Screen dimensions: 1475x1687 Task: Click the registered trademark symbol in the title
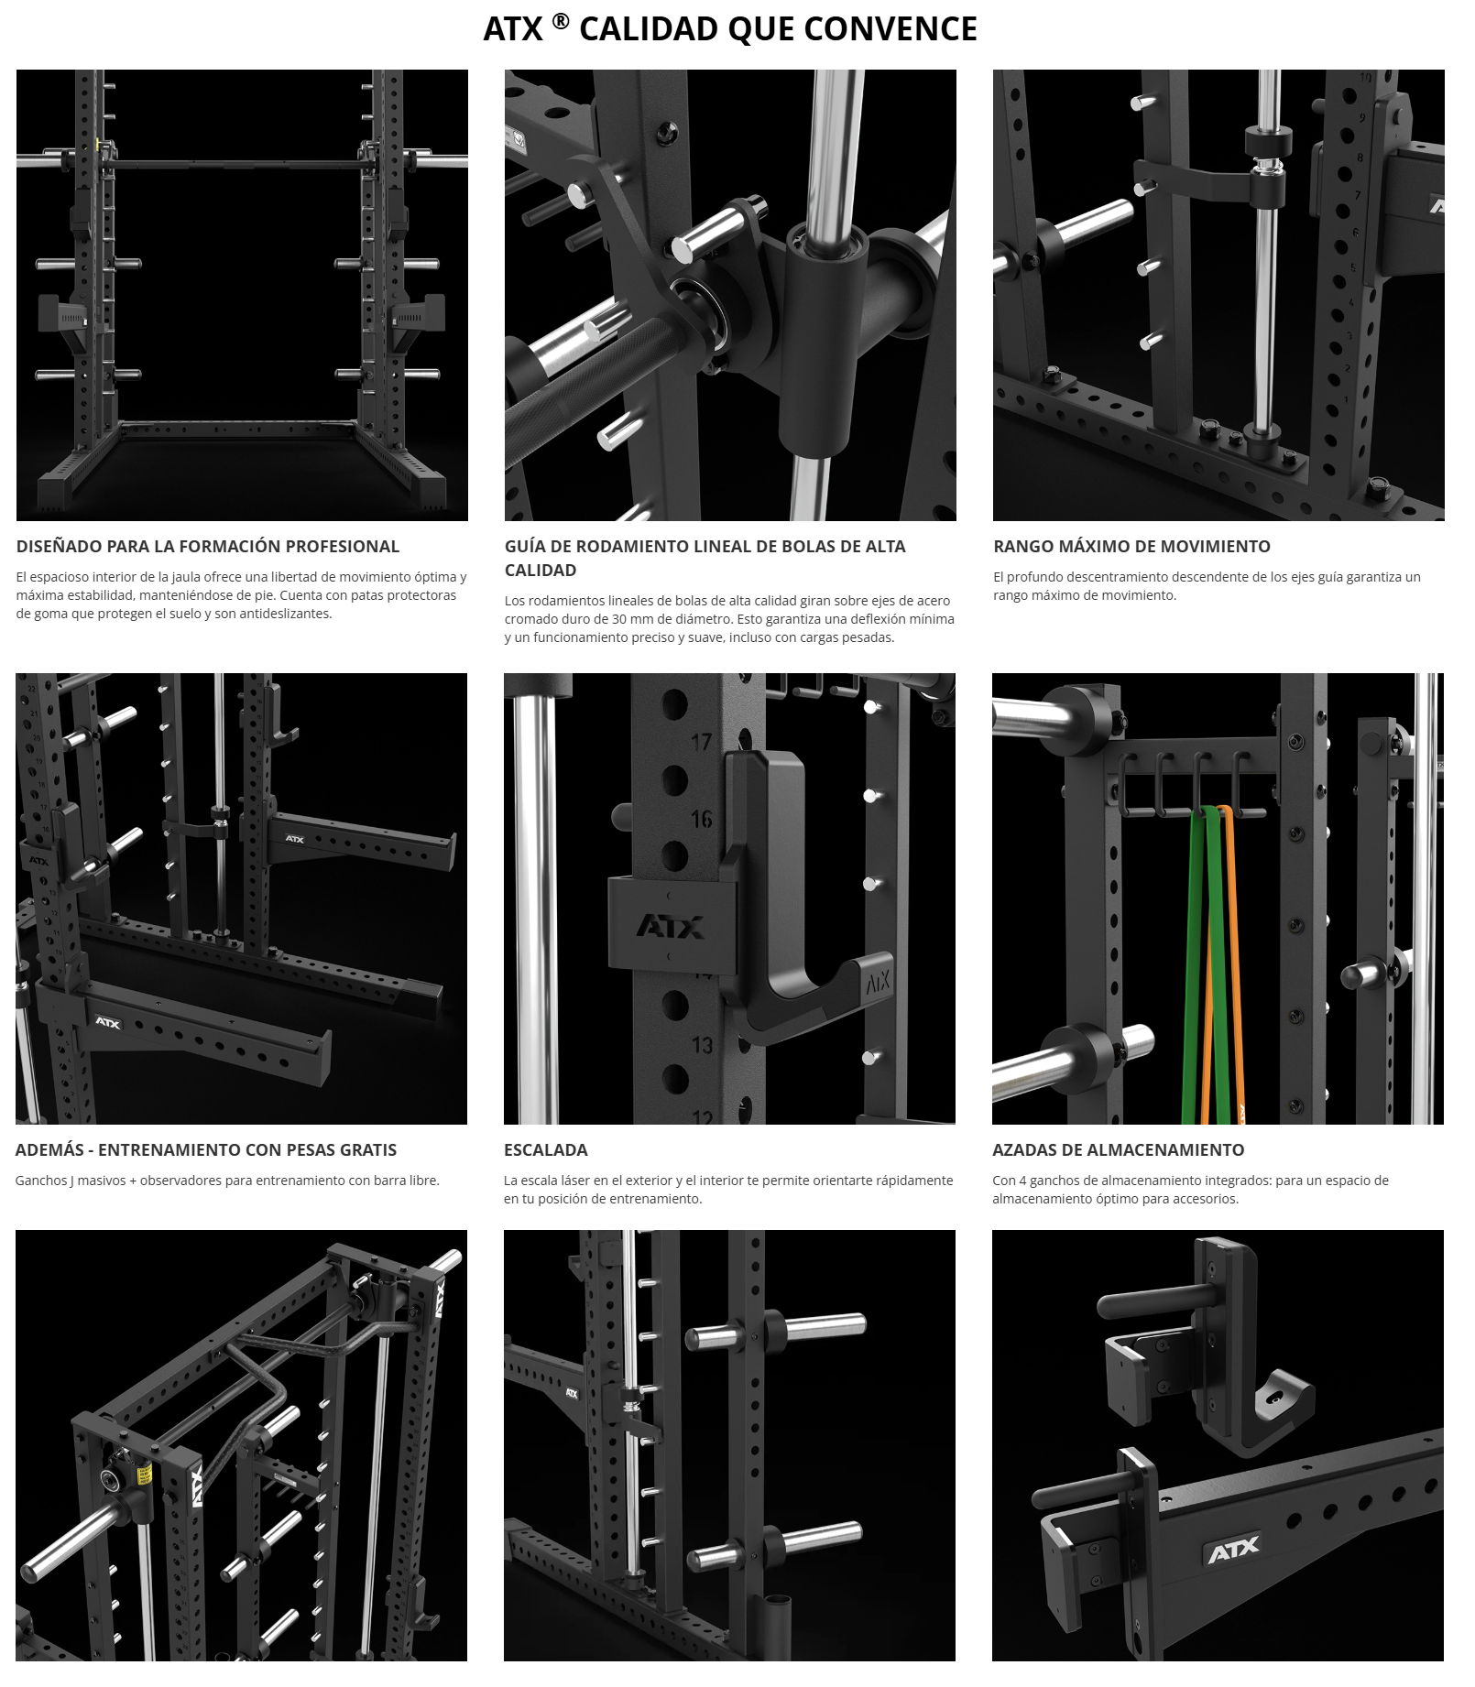point(560,21)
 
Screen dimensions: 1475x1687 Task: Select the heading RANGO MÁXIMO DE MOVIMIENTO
point(1131,547)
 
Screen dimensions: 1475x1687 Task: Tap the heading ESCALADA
point(546,1150)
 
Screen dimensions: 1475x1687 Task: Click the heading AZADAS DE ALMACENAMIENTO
point(1118,1150)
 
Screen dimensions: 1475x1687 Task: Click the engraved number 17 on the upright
point(701,742)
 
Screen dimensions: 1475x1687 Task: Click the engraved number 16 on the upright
point(701,819)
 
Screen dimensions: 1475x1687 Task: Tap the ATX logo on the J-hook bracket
point(671,927)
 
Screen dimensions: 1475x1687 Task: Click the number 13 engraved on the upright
point(702,1045)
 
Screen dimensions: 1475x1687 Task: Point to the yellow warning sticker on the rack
point(144,1474)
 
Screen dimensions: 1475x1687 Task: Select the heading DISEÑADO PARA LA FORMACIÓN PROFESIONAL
point(208,547)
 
